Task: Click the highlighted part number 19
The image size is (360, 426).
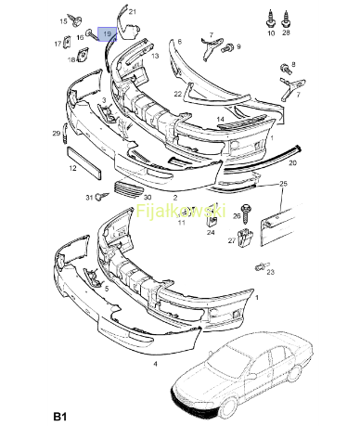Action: click(x=108, y=33)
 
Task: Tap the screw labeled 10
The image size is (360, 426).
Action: click(x=270, y=19)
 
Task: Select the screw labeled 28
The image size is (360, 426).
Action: click(x=286, y=19)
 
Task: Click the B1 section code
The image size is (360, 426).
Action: click(x=60, y=416)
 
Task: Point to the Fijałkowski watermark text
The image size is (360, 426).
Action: click(x=181, y=211)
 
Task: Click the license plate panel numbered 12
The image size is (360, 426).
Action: click(x=84, y=162)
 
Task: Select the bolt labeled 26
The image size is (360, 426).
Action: click(x=247, y=213)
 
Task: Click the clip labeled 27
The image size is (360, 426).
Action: click(x=245, y=238)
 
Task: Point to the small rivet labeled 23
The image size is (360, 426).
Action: click(x=262, y=266)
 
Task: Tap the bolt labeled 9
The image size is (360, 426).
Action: click(x=227, y=48)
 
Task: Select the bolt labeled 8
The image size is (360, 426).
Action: click(x=286, y=69)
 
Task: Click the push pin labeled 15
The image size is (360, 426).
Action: click(x=75, y=20)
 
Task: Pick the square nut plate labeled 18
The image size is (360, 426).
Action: click(x=82, y=55)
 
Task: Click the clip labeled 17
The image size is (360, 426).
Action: click(x=67, y=42)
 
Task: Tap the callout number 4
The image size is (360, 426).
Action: click(x=155, y=364)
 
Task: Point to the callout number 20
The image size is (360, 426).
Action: click(x=292, y=162)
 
